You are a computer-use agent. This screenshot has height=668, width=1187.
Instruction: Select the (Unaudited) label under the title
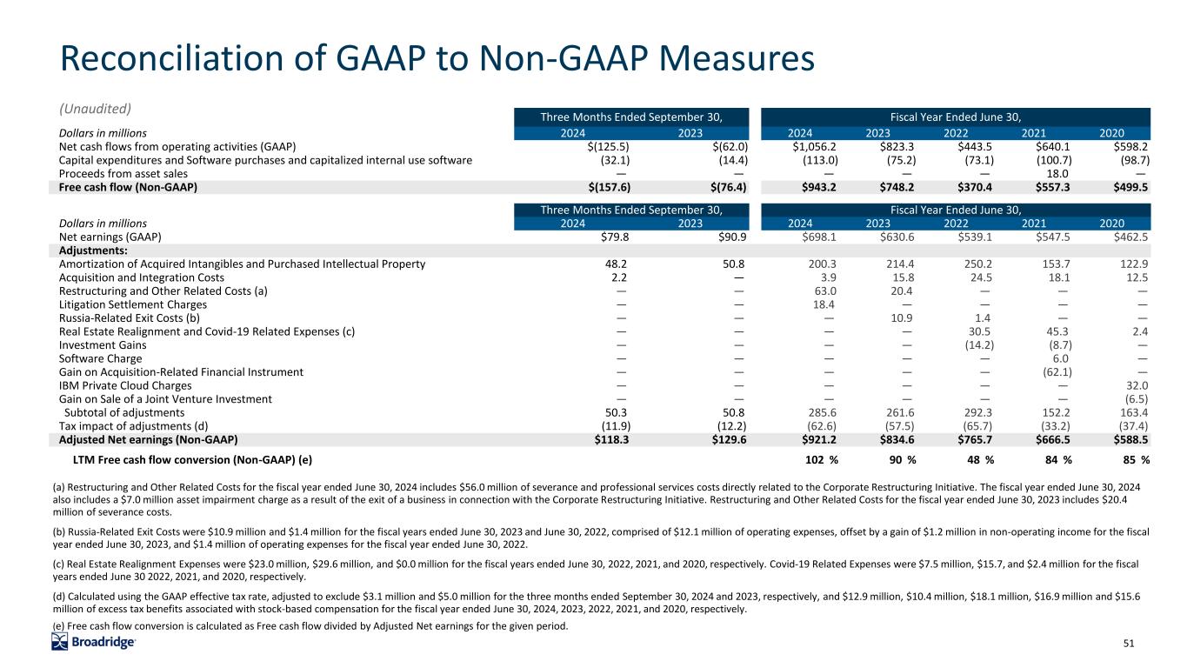pos(95,109)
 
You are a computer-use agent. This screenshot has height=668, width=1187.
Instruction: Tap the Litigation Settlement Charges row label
pos(132,304)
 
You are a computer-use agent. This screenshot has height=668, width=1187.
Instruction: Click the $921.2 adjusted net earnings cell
pos(817,440)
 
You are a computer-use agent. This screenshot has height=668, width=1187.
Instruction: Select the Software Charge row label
pos(100,358)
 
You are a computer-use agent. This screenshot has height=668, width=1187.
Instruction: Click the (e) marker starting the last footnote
pos(63,627)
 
